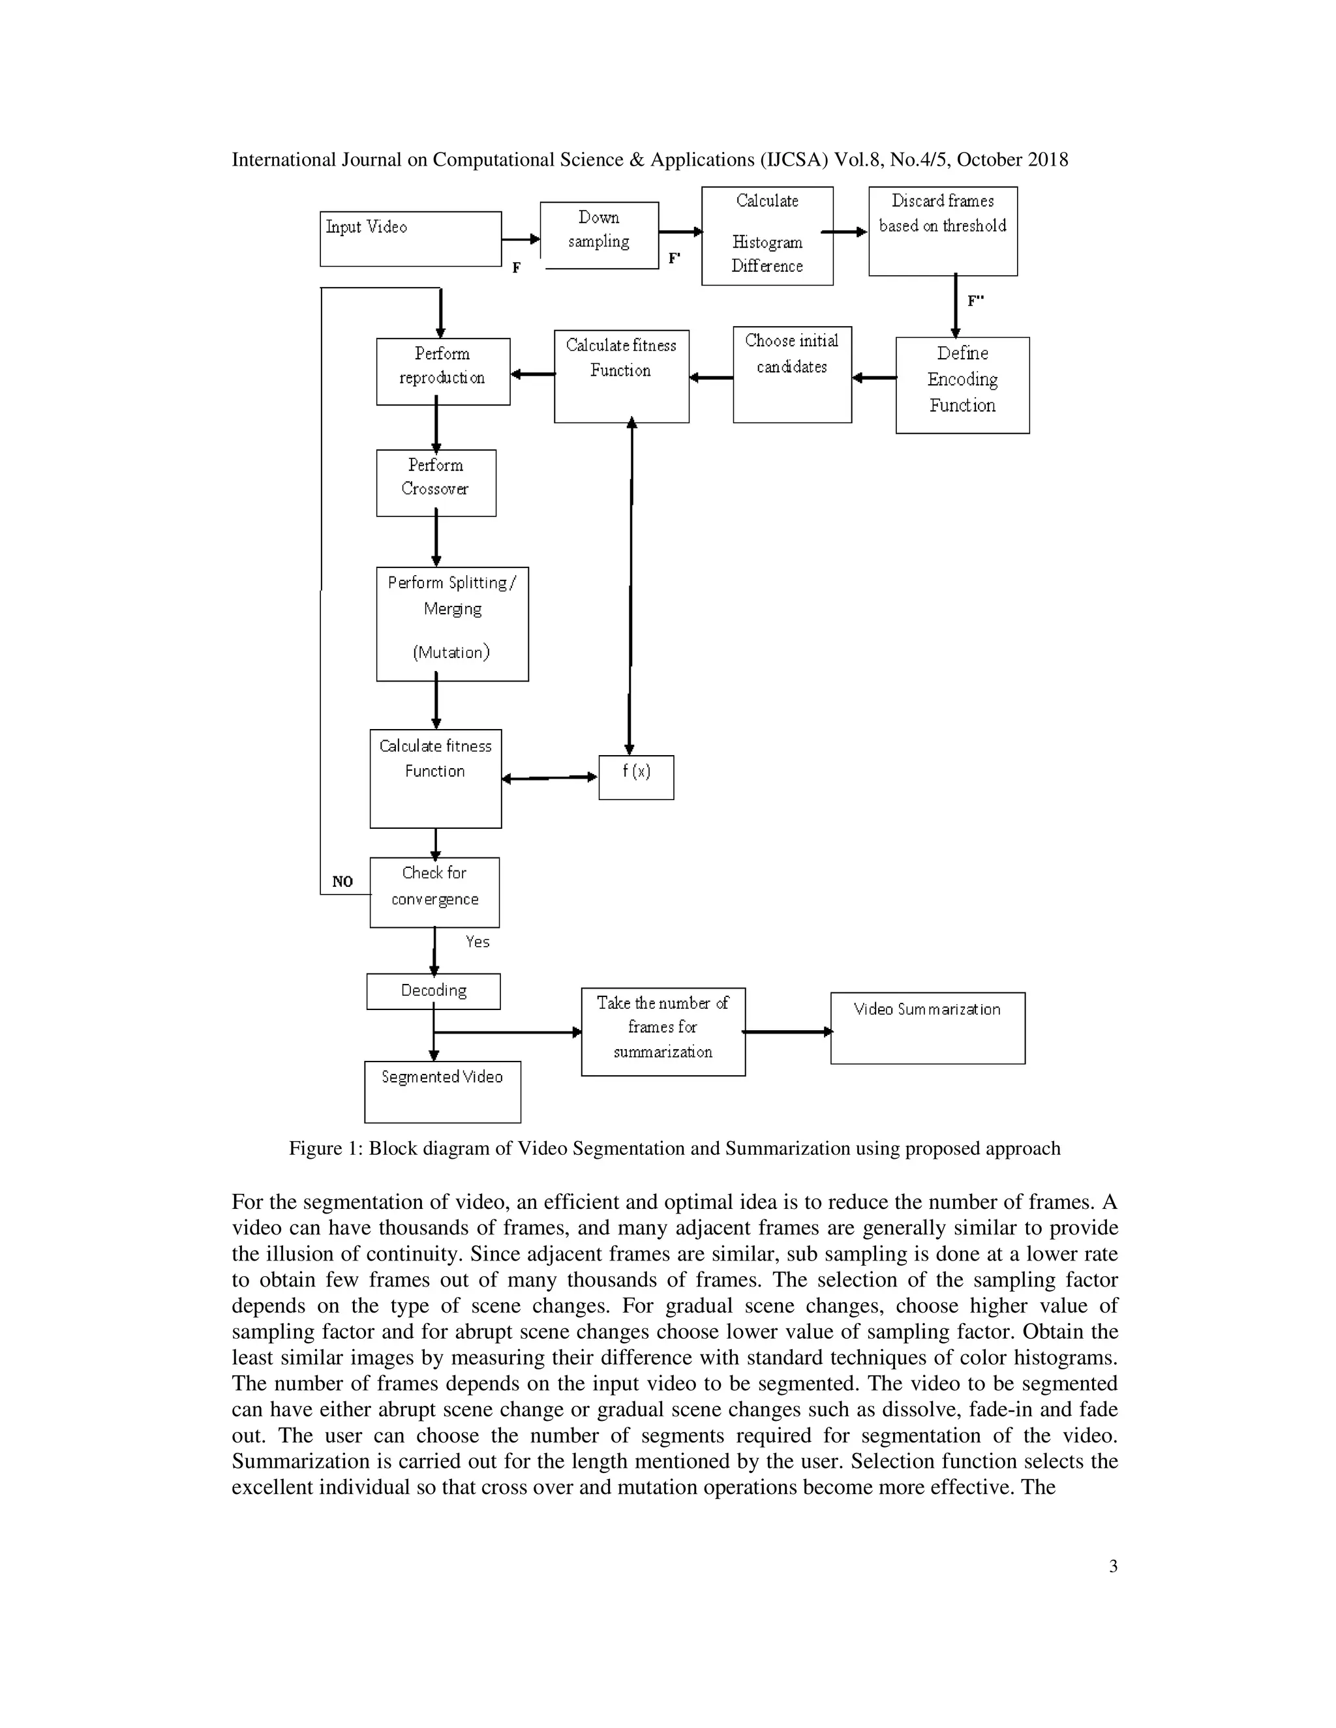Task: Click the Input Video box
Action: click(x=410, y=238)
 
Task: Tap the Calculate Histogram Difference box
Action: click(x=767, y=236)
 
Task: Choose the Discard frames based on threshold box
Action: click(x=943, y=231)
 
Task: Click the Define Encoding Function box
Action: click(x=962, y=385)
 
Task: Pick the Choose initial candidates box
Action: click(x=791, y=374)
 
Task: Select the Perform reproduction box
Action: click(x=442, y=371)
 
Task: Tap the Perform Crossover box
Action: click(x=436, y=483)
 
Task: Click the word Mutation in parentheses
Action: click(x=451, y=653)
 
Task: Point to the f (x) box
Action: click(x=636, y=777)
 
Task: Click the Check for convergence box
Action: click(x=434, y=891)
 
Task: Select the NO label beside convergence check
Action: click(x=342, y=882)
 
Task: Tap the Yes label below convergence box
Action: click(x=478, y=942)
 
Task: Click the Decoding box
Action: click(x=433, y=991)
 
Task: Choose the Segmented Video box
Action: click(x=442, y=1091)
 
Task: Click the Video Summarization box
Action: click(x=928, y=1027)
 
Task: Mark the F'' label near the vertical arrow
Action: click(x=976, y=301)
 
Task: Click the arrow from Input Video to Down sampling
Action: click(x=520, y=239)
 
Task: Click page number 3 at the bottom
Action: click(x=1113, y=1566)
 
